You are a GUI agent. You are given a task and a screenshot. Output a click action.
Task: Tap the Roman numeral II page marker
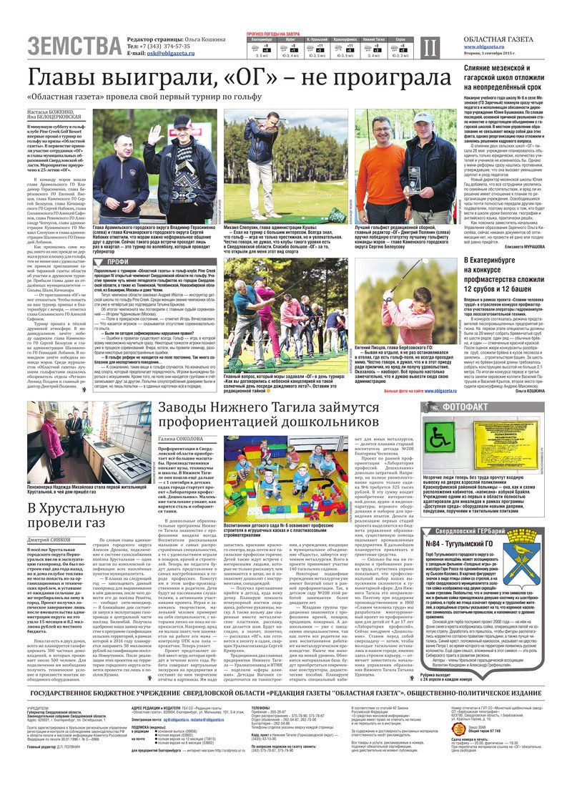coord(428,48)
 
